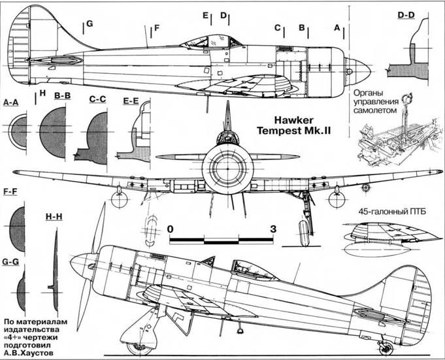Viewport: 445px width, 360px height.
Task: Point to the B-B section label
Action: click(63, 96)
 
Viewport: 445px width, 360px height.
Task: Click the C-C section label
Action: click(97, 99)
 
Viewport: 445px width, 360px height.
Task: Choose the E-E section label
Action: click(131, 101)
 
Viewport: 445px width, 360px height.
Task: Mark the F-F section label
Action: click(11, 193)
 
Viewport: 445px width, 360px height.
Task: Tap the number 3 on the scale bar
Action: click(272, 229)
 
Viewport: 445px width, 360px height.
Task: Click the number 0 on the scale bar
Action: click(170, 229)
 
